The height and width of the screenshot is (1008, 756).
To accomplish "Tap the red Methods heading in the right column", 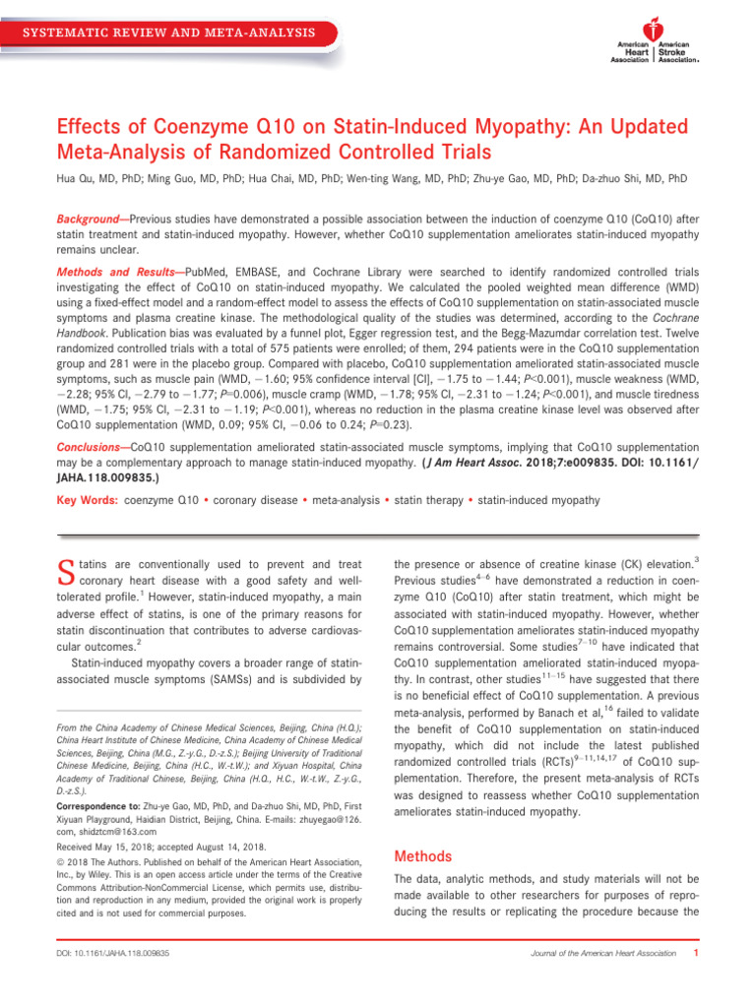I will [422, 855].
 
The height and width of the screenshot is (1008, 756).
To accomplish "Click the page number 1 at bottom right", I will [696, 953].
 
